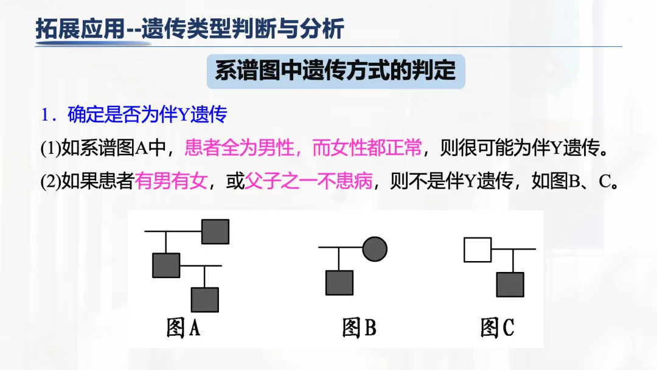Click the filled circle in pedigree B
click(x=375, y=248)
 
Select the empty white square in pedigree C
click(x=478, y=250)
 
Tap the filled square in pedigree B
click(x=339, y=283)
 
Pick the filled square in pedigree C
click(x=510, y=284)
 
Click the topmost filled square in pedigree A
click(x=215, y=232)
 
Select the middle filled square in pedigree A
click(x=166, y=265)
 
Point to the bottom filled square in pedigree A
click(x=205, y=299)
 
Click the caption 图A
click(x=184, y=328)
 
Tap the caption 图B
click(x=359, y=328)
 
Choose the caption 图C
click(x=497, y=328)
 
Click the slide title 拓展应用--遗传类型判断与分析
click(x=190, y=29)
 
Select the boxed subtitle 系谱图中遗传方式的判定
click(x=335, y=71)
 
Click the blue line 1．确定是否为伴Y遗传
click(x=134, y=114)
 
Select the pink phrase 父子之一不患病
click(x=308, y=181)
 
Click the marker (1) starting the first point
click(x=50, y=148)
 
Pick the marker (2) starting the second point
click(x=50, y=182)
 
